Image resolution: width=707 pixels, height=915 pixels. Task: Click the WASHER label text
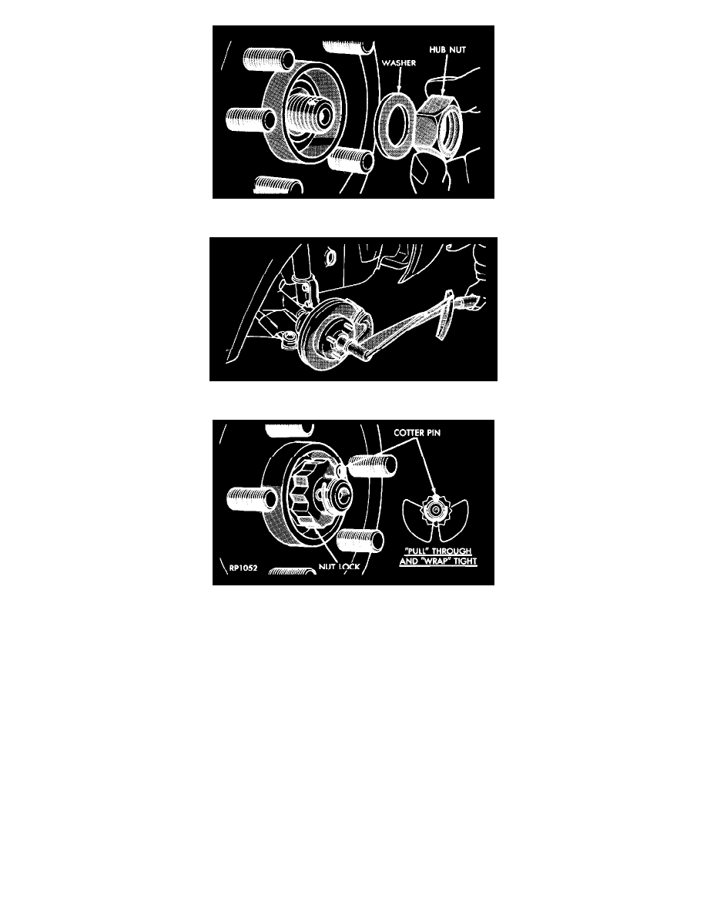[x=398, y=62]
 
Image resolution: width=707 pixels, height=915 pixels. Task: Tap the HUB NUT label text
[x=447, y=49]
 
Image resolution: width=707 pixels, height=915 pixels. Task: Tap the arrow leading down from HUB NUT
[x=444, y=74]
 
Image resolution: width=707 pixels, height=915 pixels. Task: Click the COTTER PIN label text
[x=417, y=432]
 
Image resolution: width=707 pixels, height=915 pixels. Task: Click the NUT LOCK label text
[x=339, y=567]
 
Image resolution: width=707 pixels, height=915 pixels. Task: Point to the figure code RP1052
[x=243, y=567]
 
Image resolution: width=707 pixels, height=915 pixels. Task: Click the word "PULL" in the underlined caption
[x=417, y=551]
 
